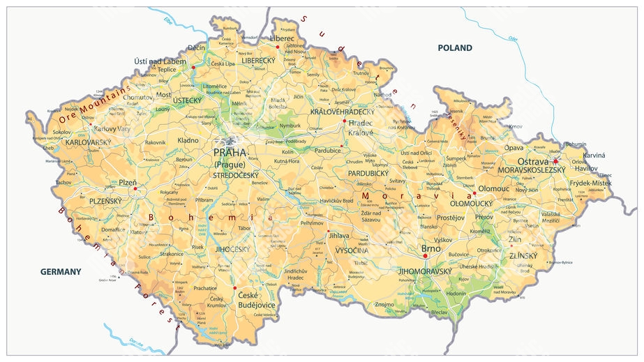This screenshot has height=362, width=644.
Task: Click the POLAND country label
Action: click(x=454, y=48)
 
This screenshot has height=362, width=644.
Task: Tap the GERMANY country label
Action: click(x=61, y=271)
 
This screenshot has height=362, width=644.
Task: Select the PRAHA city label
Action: click(x=230, y=153)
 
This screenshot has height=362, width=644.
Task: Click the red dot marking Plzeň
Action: click(x=135, y=188)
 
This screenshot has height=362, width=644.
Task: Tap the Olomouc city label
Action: click(x=494, y=188)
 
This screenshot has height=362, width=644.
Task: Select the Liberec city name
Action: click(x=283, y=38)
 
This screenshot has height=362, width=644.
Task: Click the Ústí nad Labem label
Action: click(x=160, y=61)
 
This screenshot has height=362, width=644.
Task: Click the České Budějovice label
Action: click(x=257, y=300)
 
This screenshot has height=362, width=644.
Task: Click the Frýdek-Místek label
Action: click(x=590, y=183)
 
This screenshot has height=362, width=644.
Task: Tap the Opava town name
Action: click(x=514, y=148)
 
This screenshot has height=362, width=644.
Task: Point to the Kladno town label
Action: click(x=188, y=140)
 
